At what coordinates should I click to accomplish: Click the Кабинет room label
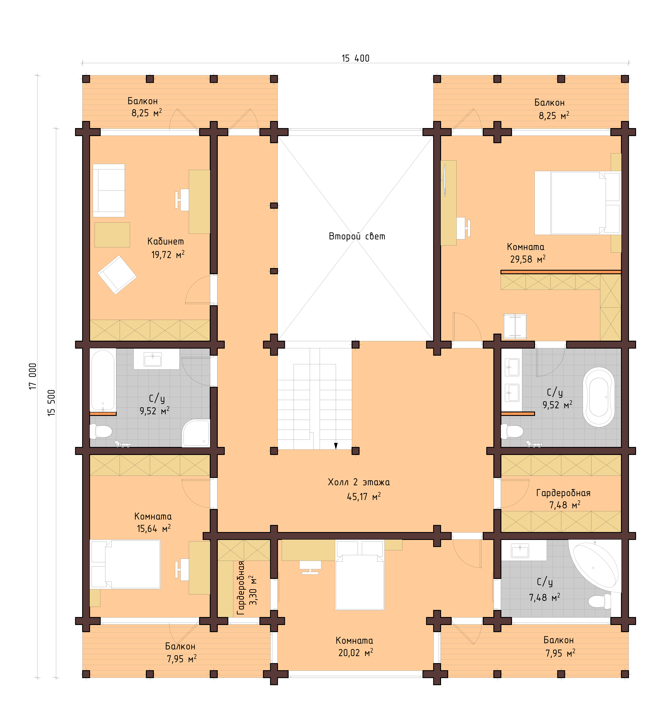166,242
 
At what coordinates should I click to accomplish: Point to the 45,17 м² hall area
363,497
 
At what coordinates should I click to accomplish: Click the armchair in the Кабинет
117,275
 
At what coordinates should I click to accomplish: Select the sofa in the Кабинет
109,190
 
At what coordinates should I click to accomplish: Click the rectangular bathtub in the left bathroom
103,380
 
